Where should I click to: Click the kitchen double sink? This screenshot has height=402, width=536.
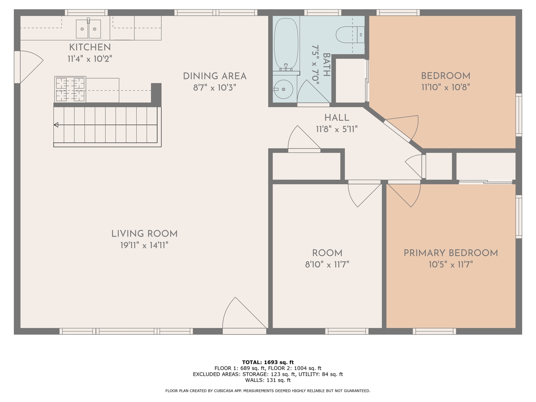point(88,29)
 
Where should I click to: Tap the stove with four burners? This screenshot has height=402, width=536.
point(70,89)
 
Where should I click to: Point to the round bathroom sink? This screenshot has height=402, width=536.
point(283,89)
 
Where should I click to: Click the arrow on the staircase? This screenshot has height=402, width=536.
point(56,125)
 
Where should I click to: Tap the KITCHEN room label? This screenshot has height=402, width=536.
point(90,47)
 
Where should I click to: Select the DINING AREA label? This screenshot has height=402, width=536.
point(214,76)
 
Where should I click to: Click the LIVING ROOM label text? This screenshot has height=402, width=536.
point(144,234)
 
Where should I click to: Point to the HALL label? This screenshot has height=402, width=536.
point(336,118)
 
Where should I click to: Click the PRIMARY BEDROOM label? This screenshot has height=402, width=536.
point(450,253)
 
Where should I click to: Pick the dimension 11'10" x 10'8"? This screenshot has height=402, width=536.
point(445,87)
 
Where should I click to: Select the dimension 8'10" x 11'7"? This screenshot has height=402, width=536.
point(327,265)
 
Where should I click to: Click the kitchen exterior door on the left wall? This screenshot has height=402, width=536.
point(28,67)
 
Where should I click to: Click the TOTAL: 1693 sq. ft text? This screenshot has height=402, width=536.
point(268,362)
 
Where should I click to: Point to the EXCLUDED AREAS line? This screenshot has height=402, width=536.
point(268,374)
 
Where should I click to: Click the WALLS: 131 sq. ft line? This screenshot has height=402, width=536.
point(268,380)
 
